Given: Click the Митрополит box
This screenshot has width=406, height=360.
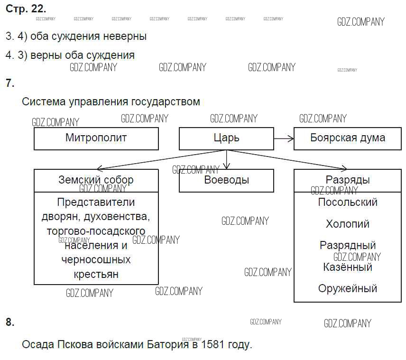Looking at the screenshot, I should coord(96,138).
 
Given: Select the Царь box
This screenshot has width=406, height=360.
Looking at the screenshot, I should coord(226,138).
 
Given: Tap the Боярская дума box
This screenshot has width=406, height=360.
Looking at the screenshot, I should coord(348,138).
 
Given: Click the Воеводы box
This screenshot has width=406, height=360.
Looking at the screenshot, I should coord(226,180).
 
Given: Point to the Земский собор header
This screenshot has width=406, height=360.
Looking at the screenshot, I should coord(96,180).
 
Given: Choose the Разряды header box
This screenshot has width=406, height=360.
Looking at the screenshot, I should coord(348,180).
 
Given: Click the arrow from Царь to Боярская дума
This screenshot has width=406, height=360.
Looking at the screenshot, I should coord(284,138).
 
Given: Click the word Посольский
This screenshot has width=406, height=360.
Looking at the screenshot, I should coord(348,203).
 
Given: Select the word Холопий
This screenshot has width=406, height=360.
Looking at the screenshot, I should coord(348,224).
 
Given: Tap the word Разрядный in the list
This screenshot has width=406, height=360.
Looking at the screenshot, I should coord(348,245).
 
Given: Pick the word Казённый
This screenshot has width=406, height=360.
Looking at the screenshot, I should coord(348,267).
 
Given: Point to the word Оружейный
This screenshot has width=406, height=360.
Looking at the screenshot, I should coord(348,288).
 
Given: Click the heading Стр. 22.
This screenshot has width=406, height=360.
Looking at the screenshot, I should coord(26,9).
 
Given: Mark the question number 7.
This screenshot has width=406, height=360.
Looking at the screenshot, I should coord(10,83).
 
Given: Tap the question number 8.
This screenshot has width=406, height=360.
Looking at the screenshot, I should coord(10,323).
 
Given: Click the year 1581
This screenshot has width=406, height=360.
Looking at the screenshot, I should coord(213,345).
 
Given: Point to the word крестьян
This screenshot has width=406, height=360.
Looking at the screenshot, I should coord(96,274).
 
